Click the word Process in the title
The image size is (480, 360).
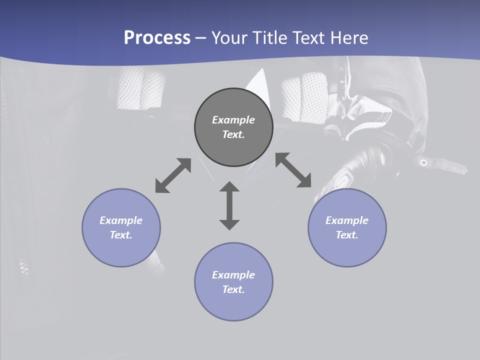coord(157,37)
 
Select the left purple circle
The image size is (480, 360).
coord(121,250)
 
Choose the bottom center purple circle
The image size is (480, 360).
coord(233,305)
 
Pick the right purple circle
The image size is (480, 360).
coord(347,250)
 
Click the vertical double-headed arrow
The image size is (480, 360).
coord(229,205)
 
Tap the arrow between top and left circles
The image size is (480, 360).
coord(173,175)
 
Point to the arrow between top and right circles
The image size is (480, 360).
coord(293,170)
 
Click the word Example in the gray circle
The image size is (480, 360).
coord(233,120)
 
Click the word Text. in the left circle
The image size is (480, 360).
coord(121,235)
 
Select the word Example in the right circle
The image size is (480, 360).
coord(347,220)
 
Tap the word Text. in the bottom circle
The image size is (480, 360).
coord(233,289)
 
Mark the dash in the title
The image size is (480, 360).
coord(201,38)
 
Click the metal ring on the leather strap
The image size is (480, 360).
coord(423,162)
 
